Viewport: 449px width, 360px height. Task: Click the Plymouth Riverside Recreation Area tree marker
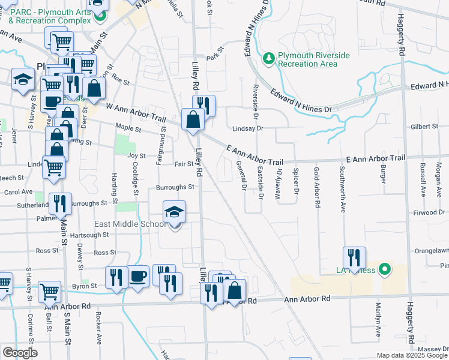(x=269, y=58)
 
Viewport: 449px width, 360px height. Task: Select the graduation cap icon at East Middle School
(x=175, y=212)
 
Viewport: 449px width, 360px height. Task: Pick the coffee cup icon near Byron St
(x=138, y=276)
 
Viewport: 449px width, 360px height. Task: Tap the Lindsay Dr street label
(x=248, y=128)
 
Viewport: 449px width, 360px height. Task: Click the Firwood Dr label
(x=428, y=213)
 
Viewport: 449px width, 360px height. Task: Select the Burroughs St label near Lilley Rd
(x=175, y=187)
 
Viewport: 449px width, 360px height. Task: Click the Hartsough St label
(x=90, y=235)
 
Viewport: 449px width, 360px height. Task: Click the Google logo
(x=19, y=353)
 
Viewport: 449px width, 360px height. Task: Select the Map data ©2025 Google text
(x=412, y=355)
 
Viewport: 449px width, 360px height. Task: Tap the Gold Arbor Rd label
(x=316, y=187)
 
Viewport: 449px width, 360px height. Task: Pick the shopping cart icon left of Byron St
(x=49, y=292)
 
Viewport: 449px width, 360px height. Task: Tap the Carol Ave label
(x=19, y=192)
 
